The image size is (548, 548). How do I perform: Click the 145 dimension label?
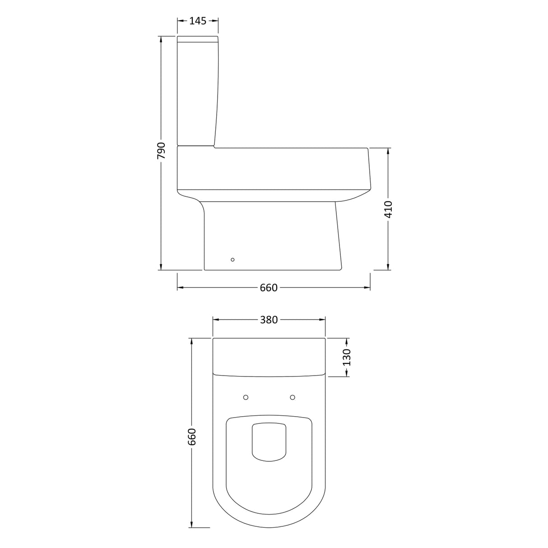pyautogui.click(x=198, y=21)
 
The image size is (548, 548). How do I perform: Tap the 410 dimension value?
pyautogui.click(x=388, y=209)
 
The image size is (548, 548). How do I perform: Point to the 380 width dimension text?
pyautogui.click(x=269, y=320)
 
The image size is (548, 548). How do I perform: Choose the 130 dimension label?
pyautogui.click(x=347, y=357)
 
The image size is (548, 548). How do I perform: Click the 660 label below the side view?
pyautogui.click(x=269, y=288)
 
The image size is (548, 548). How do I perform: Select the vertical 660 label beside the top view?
pyautogui.click(x=192, y=437)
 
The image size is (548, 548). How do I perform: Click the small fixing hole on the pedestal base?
pyautogui.click(x=232, y=260)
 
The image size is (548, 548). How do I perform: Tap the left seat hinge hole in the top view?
pyautogui.click(x=246, y=397)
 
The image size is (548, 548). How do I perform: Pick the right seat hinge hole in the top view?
pyautogui.click(x=293, y=397)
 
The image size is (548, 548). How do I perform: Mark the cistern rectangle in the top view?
pyautogui.click(x=269, y=357)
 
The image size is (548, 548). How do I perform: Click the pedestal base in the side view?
pyautogui.click(x=271, y=237)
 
